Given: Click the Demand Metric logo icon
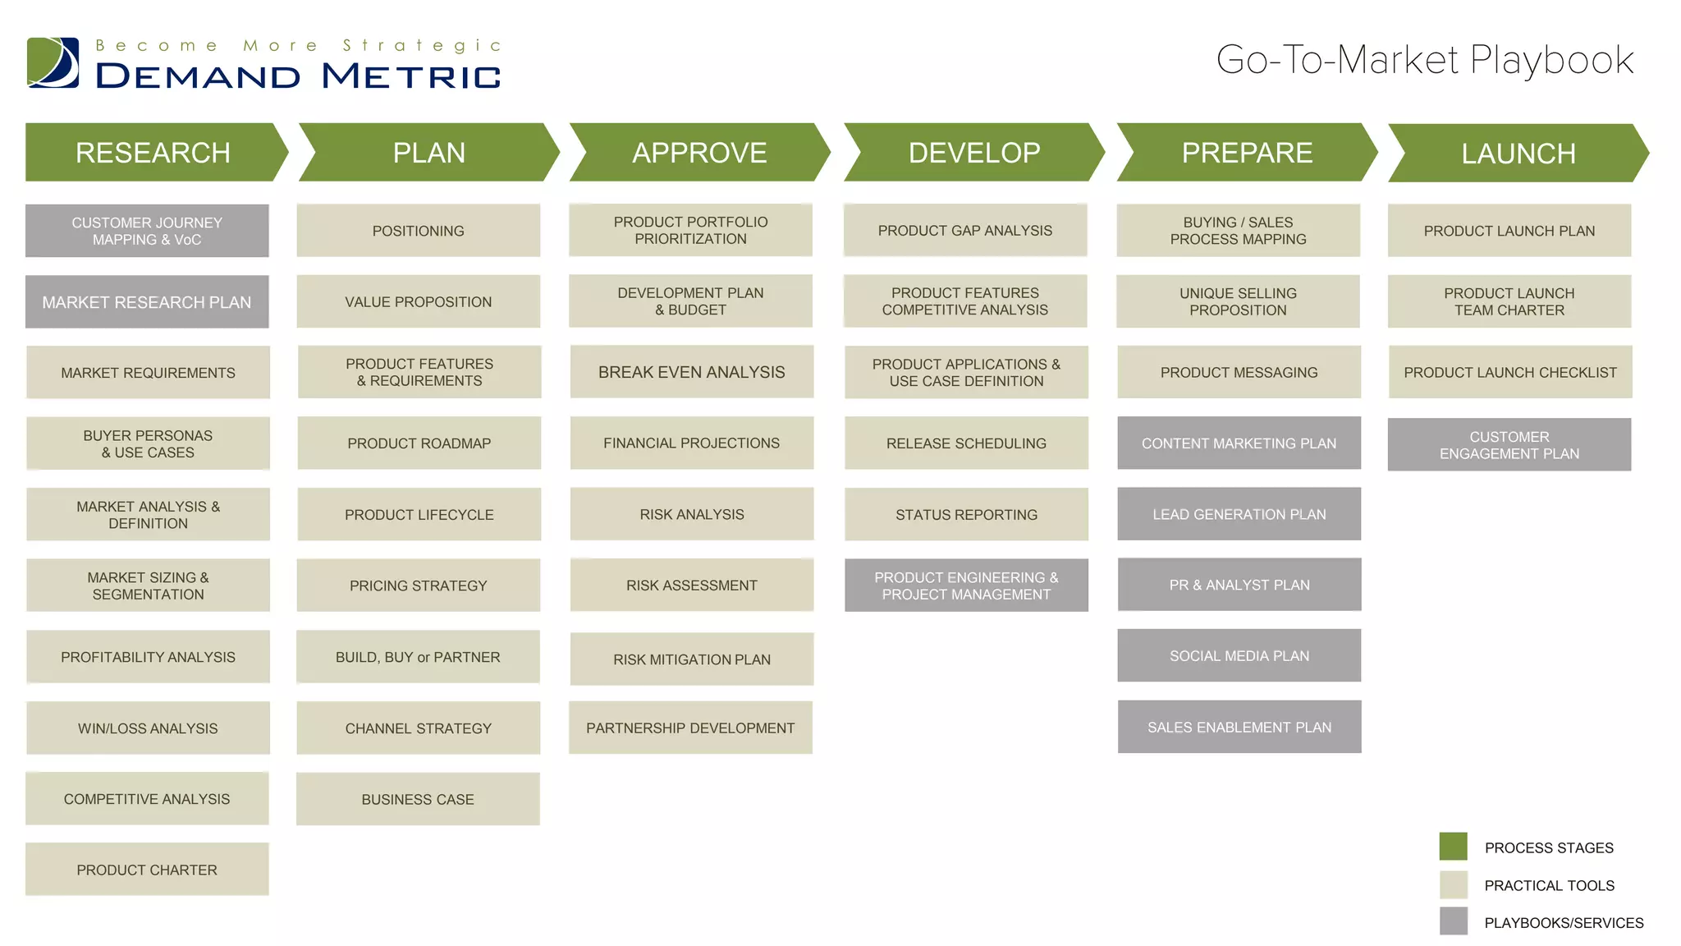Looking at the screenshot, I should pos(53,62).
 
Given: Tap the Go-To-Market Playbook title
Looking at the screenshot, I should pos(1424,60).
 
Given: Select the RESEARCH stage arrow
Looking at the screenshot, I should pos(153,153).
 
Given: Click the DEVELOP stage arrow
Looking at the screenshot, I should pos(973,153).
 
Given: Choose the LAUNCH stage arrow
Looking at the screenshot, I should pos(1518,154).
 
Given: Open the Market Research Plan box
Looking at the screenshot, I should pos(147,302).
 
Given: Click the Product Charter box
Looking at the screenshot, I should pos(147,870).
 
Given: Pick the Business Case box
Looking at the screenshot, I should pos(418,799).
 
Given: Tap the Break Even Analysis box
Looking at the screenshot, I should pos(691,372).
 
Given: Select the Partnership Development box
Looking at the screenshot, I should pos(690,728).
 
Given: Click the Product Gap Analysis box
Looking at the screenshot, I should pos(964,231).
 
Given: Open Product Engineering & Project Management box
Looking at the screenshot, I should pos(966,586).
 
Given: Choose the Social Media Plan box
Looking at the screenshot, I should pos(1239,656).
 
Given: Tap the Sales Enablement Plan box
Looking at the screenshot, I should pos(1239,727).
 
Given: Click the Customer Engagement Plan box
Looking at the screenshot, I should pos(1509,445).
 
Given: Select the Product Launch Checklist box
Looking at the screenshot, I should pos(1509,372).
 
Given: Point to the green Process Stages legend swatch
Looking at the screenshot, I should pos(1453,847).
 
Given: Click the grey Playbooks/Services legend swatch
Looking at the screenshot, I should pos(1453,921).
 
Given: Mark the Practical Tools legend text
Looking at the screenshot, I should pos(1549,885).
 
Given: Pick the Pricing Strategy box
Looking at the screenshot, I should pos(418,586).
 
